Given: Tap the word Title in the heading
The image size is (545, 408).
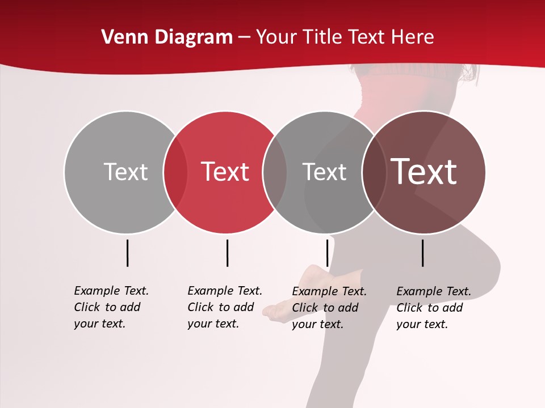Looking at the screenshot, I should coord(321,37).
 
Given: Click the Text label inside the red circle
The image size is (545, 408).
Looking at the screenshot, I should coord(225,172).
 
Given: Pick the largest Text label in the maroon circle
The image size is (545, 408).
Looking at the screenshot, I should coord(424,172).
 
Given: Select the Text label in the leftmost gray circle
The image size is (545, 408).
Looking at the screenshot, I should coord(125,172).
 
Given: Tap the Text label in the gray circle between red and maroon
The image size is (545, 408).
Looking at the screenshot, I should coord(324,172).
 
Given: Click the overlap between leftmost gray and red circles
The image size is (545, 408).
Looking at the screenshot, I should coord(175,172).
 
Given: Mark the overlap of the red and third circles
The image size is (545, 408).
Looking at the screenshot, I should coord(275,172).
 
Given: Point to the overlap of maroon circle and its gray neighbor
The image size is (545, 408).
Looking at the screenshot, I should coord(374,172).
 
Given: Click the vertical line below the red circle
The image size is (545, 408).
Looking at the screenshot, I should coord(227,253).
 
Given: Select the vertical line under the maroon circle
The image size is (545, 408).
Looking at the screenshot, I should coord(423,253).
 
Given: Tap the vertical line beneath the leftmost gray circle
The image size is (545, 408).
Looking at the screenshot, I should coord(128,253).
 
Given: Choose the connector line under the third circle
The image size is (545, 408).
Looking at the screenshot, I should coord(328,253).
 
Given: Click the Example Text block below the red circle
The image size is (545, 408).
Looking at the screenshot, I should coord(225,307).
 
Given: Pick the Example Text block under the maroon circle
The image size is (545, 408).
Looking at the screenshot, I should coord(434,308).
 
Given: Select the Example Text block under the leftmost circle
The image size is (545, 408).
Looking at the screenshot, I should coord(111,307).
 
